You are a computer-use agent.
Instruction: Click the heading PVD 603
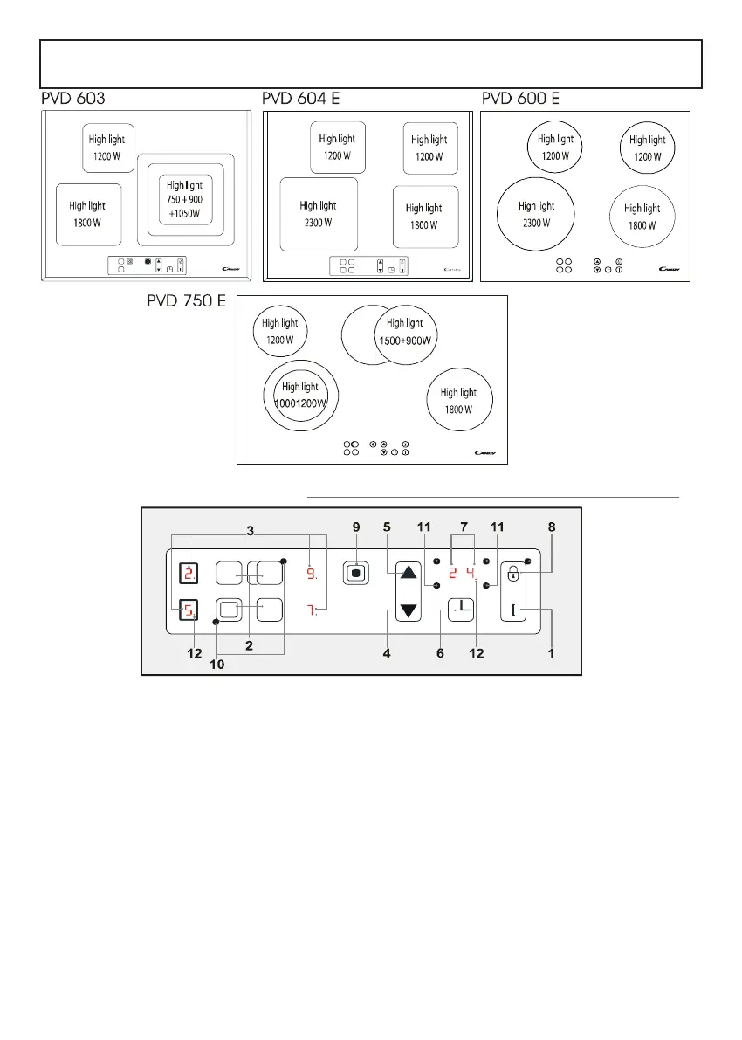72,100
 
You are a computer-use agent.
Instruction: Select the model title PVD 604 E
300,100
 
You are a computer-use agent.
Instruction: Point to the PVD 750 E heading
186,302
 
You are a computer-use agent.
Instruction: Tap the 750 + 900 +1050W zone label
184,198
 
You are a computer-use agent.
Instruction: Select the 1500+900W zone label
404,332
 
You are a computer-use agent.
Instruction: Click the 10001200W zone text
299,395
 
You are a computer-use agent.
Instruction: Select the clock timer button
460,609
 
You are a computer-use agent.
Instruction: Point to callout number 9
356,527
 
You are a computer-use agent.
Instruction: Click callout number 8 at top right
551,527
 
